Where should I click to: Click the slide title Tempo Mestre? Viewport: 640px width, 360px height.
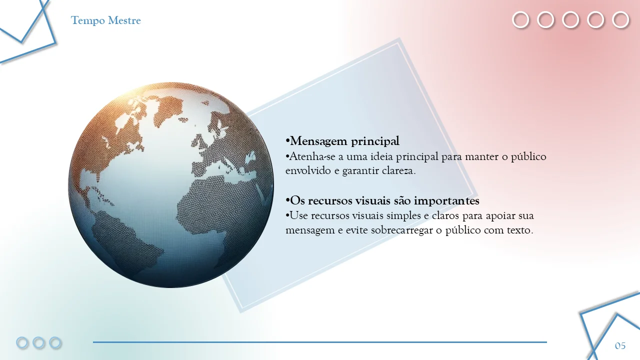[x=105, y=20]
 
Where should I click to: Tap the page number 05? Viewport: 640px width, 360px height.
[x=620, y=345]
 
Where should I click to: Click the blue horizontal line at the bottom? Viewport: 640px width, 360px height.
[x=319, y=342]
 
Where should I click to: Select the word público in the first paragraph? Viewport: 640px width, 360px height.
[x=528, y=157]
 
